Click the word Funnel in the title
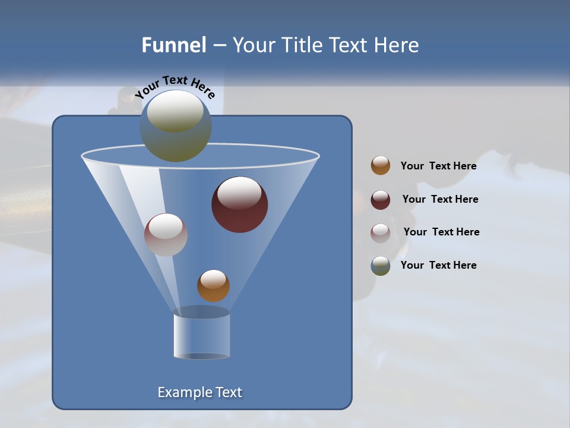[x=173, y=45]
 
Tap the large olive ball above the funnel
[x=175, y=127]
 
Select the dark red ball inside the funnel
[x=240, y=204]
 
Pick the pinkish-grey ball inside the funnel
[x=166, y=235]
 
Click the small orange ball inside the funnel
[x=213, y=286]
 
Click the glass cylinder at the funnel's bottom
[x=201, y=336]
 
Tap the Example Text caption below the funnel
[x=199, y=392]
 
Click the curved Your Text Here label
[x=175, y=86]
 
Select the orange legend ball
[x=381, y=166]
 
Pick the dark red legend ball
[x=381, y=200]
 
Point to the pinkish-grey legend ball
[x=381, y=232]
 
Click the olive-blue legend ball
[x=381, y=266]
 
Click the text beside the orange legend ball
[x=438, y=166]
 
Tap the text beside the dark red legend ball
[x=440, y=200]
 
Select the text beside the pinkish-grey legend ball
[x=441, y=232]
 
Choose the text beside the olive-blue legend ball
[x=438, y=266]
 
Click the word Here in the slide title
[x=398, y=45]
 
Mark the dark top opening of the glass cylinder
[x=201, y=312]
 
